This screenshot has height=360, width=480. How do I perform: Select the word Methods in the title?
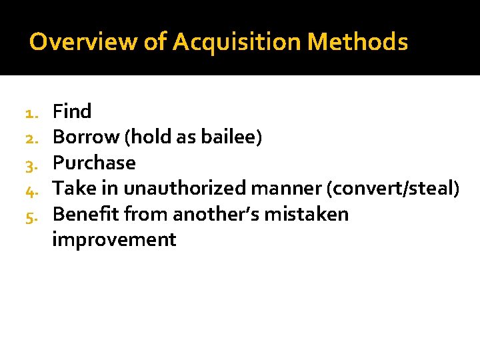tap(358, 42)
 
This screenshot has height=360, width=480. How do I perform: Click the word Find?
tap(72, 111)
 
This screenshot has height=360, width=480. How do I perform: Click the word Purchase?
tap(94, 163)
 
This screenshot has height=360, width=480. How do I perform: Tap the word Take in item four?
tap(74, 189)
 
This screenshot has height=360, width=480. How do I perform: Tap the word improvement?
tap(114, 239)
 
